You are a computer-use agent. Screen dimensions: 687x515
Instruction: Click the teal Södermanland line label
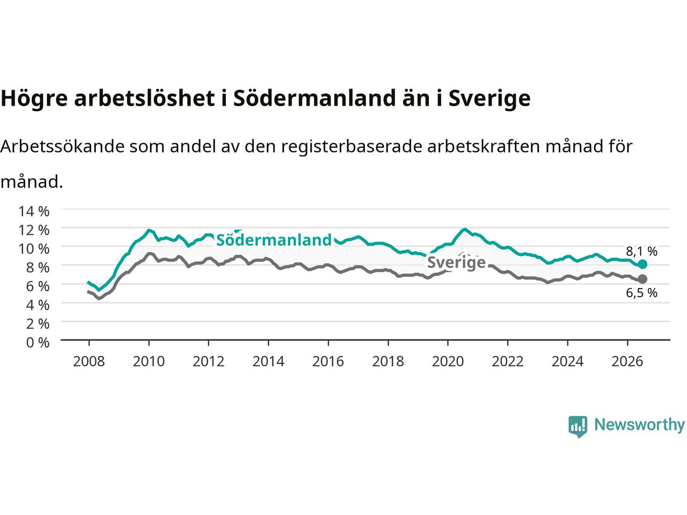pyautogui.click(x=274, y=240)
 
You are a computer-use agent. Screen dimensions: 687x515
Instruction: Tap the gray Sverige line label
pyautogui.click(x=456, y=262)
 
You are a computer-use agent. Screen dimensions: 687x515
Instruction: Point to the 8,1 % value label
pyautogui.click(x=641, y=251)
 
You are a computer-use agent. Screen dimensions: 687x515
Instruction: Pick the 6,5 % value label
pyautogui.click(x=641, y=293)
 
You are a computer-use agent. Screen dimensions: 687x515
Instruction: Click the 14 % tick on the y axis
pyautogui.click(x=34, y=211)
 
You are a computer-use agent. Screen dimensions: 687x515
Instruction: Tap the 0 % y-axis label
pyautogui.click(x=38, y=343)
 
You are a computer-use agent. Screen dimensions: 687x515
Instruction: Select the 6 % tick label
pyautogui.click(x=38, y=286)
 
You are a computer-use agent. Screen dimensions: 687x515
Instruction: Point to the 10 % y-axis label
pyautogui.click(x=34, y=249)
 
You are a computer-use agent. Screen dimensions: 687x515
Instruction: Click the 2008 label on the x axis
pyautogui.click(x=89, y=362)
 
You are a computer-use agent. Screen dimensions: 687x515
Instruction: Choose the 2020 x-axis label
pyautogui.click(x=448, y=362)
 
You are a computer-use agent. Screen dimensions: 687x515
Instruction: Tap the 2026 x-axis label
pyautogui.click(x=627, y=362)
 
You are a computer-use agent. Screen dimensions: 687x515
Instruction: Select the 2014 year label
pyautogui.click(x=268, y=362)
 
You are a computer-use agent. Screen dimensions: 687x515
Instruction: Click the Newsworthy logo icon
pyautogui.click(x=578, y=426)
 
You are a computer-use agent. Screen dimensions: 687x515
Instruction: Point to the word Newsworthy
pyautogui.click(x=639, y=425)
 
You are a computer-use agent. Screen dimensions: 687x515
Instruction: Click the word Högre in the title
pyautogui.click(x=34, y=99)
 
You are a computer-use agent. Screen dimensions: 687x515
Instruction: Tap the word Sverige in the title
pyautogui.click(x=489, y=99)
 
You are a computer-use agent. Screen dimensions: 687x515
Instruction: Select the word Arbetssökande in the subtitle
pyautogui.click(x=62, y=146)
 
